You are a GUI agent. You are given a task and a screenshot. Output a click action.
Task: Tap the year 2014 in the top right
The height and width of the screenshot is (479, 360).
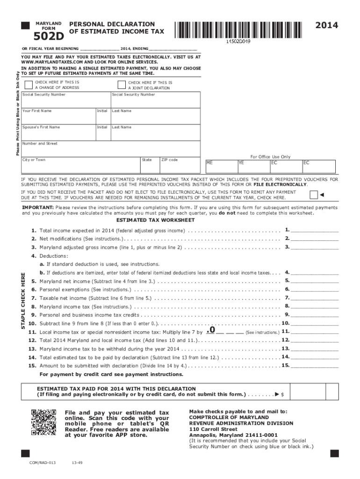(326, 25)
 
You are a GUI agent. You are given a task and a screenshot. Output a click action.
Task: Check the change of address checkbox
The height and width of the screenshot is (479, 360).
(29, 85)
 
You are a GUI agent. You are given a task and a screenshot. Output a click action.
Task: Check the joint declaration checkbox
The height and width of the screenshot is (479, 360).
(121, 85)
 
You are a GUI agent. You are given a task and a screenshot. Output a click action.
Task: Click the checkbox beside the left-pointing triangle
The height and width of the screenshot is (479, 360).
(314, 195)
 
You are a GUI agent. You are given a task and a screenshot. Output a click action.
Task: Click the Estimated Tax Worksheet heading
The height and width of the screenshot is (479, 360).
(155, 220)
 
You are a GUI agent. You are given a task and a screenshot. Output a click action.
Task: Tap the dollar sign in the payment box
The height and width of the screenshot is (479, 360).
(282, 395)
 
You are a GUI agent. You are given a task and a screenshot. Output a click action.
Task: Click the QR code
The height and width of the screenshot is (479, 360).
(43, 421)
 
